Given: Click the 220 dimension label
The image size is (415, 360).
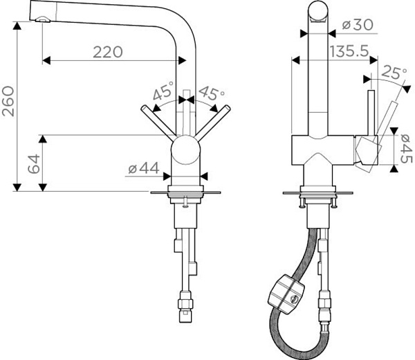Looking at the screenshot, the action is (108, 52).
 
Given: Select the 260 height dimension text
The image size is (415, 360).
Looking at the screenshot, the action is (8, 101).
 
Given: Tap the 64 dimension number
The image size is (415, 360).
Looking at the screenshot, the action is (34, 164).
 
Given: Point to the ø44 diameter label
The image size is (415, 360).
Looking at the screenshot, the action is (144, 168).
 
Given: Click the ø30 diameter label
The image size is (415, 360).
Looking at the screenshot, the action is (358, 25).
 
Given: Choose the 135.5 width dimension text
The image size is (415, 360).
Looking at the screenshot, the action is (349, 51).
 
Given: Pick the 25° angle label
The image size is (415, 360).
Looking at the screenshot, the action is (394, 72).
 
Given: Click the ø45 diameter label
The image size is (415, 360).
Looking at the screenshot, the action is (406, 149).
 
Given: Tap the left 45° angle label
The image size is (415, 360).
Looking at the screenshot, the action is (163, 91).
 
